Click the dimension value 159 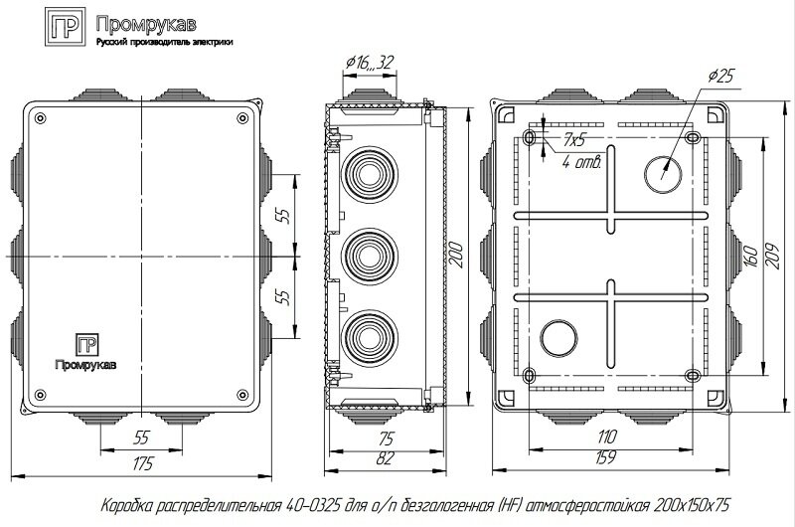click(x=606, y=458)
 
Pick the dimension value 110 click(x=606, y=436)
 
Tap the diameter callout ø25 click(x=722, y=77)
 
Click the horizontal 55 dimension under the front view click(x=141, y=436)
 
